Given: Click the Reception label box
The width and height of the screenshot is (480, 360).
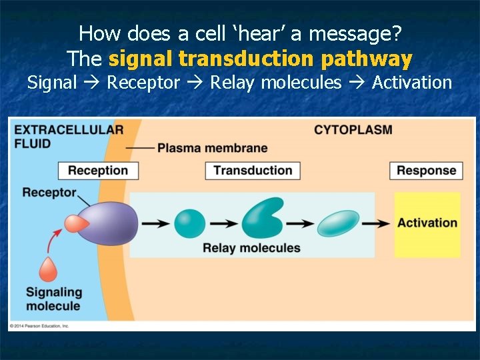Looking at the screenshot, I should click(97, 170).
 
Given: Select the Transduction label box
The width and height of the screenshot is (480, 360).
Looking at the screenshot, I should click(253, 170).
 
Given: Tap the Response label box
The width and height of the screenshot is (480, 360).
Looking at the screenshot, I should click(426, 170).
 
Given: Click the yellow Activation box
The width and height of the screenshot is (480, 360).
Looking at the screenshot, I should click(427, 223).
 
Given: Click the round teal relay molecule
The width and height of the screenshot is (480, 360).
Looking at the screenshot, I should click(190, 223).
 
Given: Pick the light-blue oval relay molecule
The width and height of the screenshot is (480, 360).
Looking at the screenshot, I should click(338, 223).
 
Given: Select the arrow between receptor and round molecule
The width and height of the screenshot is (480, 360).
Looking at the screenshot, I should click(155, 223).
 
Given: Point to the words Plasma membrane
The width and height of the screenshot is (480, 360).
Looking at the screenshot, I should click(212, 148).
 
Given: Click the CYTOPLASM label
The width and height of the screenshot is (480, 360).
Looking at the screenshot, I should click(353, 129).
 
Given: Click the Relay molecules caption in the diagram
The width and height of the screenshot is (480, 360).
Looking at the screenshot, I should click(251, 248).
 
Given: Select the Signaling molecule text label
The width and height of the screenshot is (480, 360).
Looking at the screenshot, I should click(53, 299).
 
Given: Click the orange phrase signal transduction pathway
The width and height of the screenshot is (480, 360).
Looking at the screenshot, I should click(260, 59).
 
